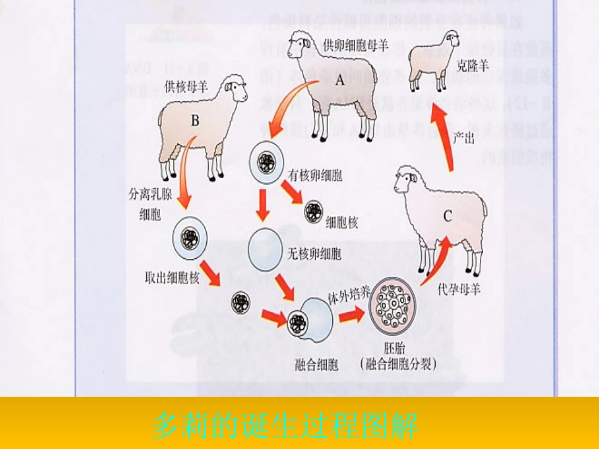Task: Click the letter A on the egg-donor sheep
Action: click(x=340, y=80)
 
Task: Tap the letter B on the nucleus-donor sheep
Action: click(x=194, y=121)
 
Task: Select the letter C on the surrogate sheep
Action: click(x=447, y=216)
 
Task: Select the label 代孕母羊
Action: click(x=459, y=290)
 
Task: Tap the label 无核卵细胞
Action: click(x=315, y=254)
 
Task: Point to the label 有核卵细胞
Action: click(x=315, y=175)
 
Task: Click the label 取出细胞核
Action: click(x=172, y=277)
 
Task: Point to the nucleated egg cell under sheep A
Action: click(x=265, y=161)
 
